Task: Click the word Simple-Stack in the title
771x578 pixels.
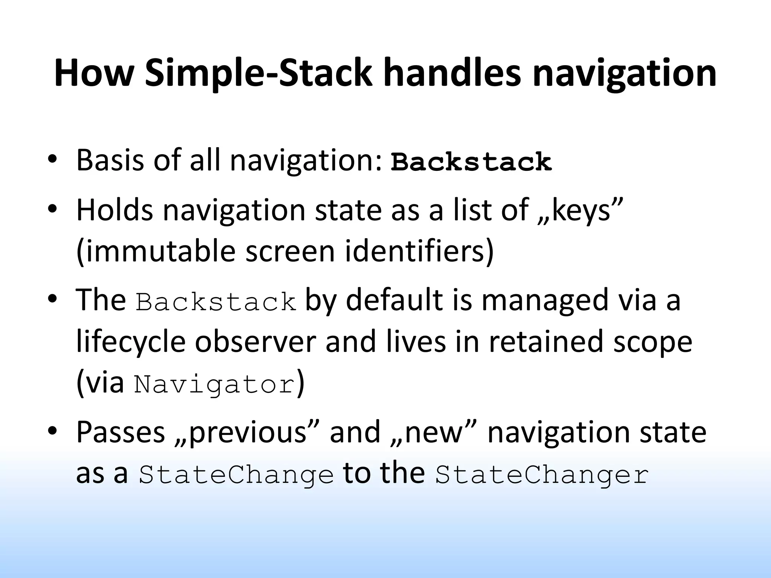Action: click(x=258, y=73)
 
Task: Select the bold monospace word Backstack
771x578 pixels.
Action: click(x=471, y=162)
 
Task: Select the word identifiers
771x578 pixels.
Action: click(x=414, y=252)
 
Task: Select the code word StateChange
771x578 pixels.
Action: click(x=236, y=475)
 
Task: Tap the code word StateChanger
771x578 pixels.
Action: click(x=542, y=475)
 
